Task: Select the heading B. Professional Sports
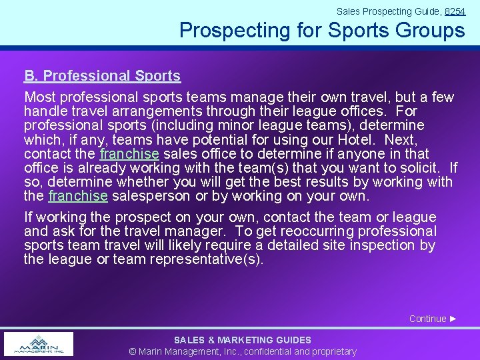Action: click(102, 76)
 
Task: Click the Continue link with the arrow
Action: click(433, 319)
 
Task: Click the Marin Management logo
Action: click(39, 344)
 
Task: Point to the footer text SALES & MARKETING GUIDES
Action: click(243, 340)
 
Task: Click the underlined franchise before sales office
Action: click(129, 154)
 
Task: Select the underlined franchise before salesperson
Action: click(78, 196)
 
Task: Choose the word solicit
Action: click(423, 168)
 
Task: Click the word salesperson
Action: click(151, 196)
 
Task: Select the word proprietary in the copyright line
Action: click(331, 351)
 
